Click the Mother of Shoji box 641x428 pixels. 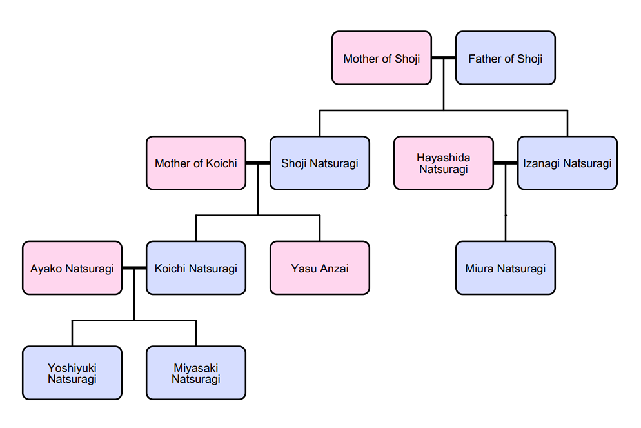(381, 58)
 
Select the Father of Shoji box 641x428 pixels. (506, 58)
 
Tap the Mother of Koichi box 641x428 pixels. (196, 163)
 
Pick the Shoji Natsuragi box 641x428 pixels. (320, 163)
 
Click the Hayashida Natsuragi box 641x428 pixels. (444, 163)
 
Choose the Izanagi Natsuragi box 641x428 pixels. (567, 163)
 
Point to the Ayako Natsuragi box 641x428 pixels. (72, 268)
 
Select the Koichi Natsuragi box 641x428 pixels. (196, 268)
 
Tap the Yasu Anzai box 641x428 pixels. (320, 268)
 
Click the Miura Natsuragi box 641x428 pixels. (506, 268)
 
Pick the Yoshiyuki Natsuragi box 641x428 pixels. (72, 372)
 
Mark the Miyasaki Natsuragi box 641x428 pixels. (196, 372)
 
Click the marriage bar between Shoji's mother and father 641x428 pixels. (444, 58)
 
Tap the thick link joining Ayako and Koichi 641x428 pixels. (134, 268)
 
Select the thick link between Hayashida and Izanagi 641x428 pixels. (506, 163)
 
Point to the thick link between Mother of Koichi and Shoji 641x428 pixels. (258, 163)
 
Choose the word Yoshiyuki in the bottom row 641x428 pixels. (72, 368)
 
